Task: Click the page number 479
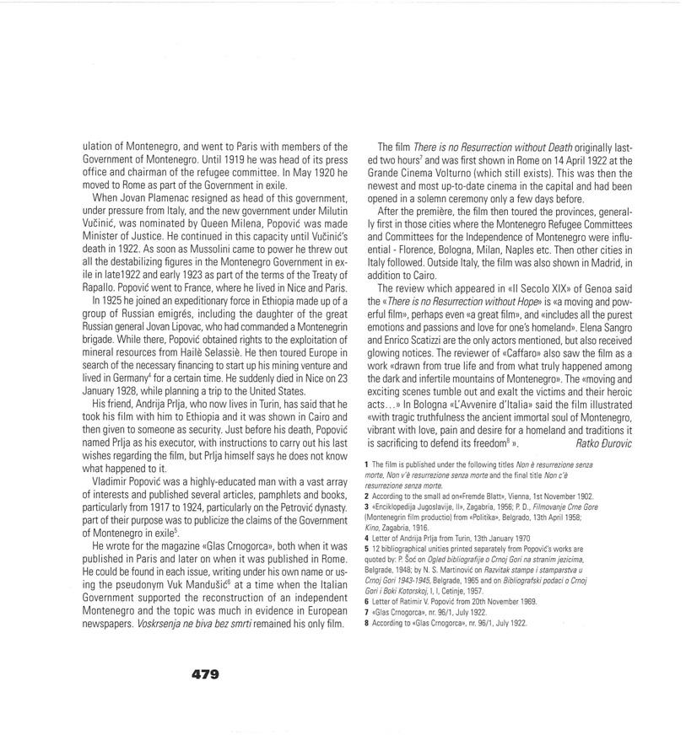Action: [x=205, y=673]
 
